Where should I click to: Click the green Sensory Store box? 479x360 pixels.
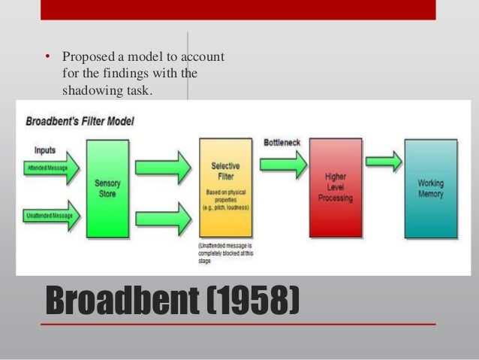click(107, 188)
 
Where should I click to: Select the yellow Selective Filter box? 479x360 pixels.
click(220, 188)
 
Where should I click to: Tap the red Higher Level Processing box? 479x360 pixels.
click(335, 187)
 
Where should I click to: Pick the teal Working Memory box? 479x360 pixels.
click(430, 188)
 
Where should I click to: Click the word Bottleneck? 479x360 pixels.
click(283, 141)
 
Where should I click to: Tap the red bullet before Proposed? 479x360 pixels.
click(47, 57)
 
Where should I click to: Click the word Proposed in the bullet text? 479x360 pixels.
click(86, 57)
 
